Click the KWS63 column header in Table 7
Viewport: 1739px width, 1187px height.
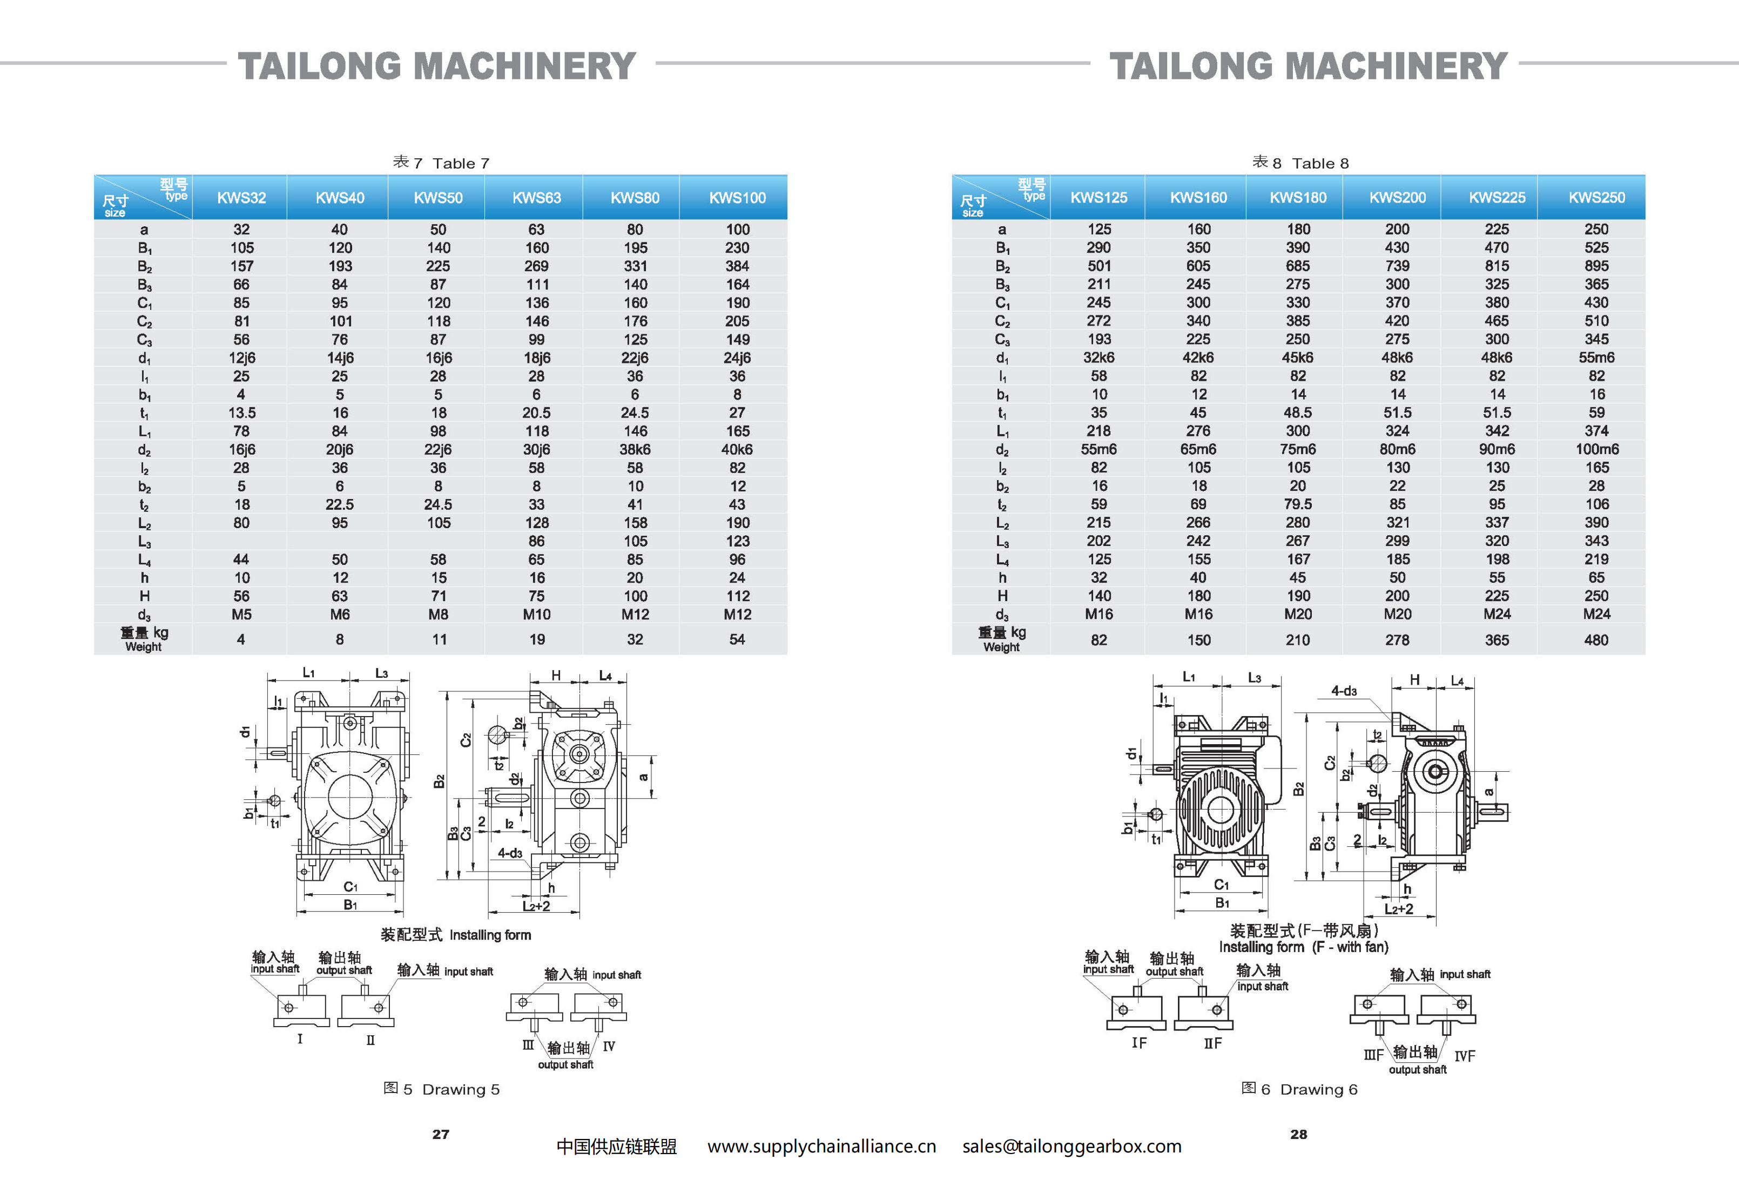pos(536,198)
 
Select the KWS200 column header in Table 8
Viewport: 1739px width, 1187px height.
pos(1397,198)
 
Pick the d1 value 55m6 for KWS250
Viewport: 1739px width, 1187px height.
pos(1596,358)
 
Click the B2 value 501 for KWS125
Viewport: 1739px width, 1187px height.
pos(1098,266)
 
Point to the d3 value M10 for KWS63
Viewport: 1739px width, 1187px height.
pos(536,615)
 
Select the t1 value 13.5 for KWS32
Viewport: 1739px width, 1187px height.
pos(241,413)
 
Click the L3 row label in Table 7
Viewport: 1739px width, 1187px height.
pos(144,542)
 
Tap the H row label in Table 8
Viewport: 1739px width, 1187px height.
pos(1002,596)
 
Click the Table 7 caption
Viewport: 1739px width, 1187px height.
pos(441,163)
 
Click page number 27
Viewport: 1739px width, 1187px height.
pos(441,1135)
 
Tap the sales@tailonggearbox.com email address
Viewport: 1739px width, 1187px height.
pos(1071,1146)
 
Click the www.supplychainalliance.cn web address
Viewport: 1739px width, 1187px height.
pos(821,1146)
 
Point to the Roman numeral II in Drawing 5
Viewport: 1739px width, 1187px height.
pos(370,1040)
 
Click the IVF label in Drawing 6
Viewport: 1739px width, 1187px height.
pos(1465,1056)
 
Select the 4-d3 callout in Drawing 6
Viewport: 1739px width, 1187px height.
pos(1343,691)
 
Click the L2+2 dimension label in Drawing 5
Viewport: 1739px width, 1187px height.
pos(536,906)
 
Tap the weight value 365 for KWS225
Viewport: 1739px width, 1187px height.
pos(1497,640)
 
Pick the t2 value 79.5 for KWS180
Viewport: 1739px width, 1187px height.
pos(1298,504)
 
